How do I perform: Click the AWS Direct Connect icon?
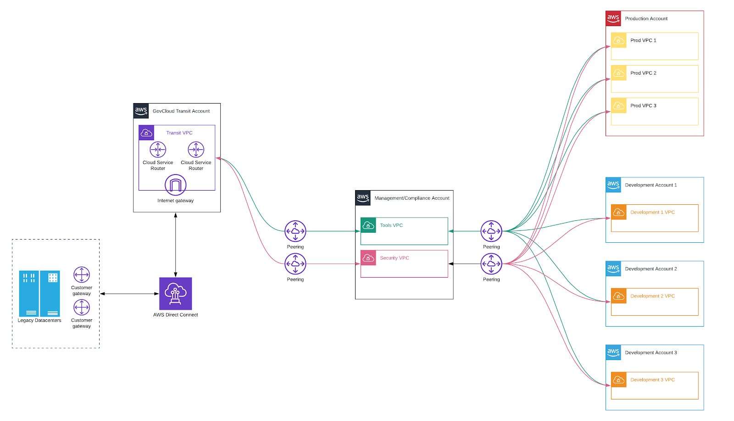tap(175, 294)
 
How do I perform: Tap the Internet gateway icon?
tap(175, 185)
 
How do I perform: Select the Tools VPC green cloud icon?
tap(368, 225)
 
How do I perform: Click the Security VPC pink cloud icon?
tap(368, 258)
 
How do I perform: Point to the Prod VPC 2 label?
tap(643, 73)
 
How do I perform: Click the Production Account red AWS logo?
tap(613, 18)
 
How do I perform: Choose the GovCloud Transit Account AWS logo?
tap(141, 111)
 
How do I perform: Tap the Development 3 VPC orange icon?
tap(618, 380)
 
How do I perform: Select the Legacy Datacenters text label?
tap(39, 320)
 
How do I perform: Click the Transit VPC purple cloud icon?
tap(146, 133)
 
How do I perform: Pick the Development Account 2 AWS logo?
tap(613, 268)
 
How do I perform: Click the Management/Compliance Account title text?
tap(411, 198)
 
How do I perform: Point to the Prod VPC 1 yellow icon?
tap(618, 40)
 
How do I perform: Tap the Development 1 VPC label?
tap(652, 212)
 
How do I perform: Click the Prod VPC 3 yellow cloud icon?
tap(618, 106)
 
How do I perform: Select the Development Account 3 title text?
tap(651, 352)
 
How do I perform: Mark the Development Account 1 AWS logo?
tap(613, 185)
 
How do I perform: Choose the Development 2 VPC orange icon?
tap(618, 296)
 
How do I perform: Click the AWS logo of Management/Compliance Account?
tap(362, 198)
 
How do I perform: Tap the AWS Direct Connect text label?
tap(175, 315)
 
